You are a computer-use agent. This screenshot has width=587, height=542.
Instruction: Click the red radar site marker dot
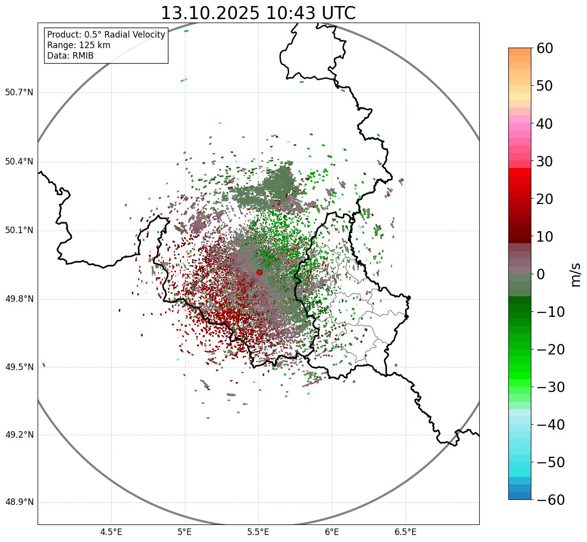coord(259,272)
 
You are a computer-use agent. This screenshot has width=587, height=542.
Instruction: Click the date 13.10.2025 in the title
coord(210,13)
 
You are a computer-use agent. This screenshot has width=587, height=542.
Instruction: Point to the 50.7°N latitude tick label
coord(19,93)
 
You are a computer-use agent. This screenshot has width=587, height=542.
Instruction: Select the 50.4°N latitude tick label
coord(19,161)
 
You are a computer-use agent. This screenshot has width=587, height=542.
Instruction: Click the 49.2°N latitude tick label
coord(19,435)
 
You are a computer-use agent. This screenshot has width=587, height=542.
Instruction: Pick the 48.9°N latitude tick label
coord(19,502)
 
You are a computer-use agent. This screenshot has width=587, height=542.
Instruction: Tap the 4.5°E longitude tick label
coord(111,531)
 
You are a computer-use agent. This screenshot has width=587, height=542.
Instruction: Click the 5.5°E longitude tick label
coord(258,531)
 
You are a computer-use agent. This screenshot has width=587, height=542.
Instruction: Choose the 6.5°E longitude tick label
coord(405,531)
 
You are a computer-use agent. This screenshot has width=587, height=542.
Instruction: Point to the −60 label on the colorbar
coord(550,500)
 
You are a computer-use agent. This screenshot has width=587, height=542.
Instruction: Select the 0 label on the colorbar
coord(541,274)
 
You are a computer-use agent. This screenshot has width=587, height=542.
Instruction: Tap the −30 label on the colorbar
coord(550,387)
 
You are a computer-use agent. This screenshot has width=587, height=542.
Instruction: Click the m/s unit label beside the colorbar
coord(575,274)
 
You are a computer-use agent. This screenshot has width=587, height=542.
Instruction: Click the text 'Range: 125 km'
coord(79,45)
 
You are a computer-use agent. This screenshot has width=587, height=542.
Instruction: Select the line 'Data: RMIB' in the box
coord(70,56)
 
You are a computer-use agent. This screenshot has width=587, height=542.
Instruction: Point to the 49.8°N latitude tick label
coord(19,299)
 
